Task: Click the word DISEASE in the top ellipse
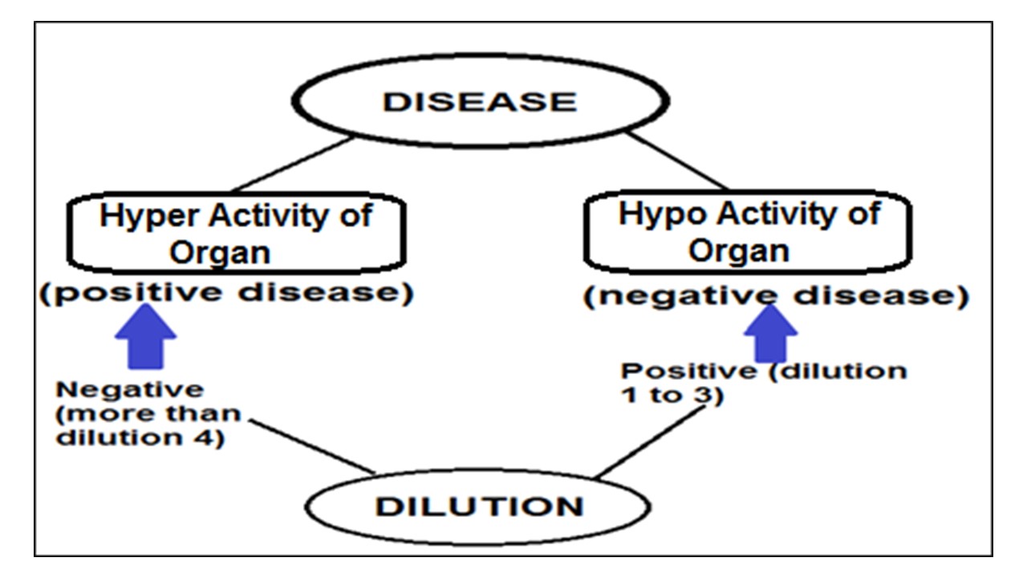pyautogui.click(x=480, y=102)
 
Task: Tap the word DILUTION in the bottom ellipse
pyautogui.click(x=480, y=507)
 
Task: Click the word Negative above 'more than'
pyautogui.click(x=129, y=389)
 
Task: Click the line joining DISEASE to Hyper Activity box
pyautogui.click(x=293, y=164)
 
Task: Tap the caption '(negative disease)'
pyautogui.click(x=775, y=296)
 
